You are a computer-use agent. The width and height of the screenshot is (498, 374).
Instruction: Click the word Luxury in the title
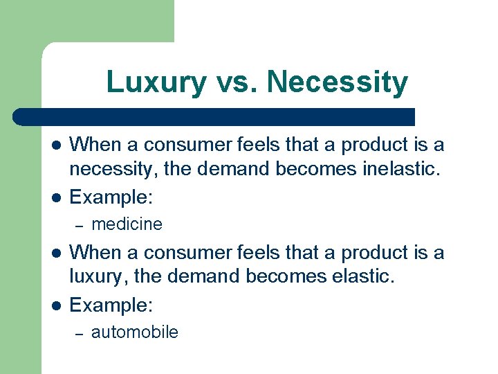tap(156, 82)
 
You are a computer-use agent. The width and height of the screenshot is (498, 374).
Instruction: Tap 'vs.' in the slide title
tap(236, 82)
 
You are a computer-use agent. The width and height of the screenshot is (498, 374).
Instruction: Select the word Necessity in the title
tap(338, 82)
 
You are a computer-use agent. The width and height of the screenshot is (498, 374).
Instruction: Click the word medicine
tap(127, 224)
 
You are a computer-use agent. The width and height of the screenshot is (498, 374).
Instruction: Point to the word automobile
tap(134, 332)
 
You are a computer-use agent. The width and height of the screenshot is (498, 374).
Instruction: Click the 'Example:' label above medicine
tap(111, 198)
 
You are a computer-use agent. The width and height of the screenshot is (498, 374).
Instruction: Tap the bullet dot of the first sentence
tap(57, 145)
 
